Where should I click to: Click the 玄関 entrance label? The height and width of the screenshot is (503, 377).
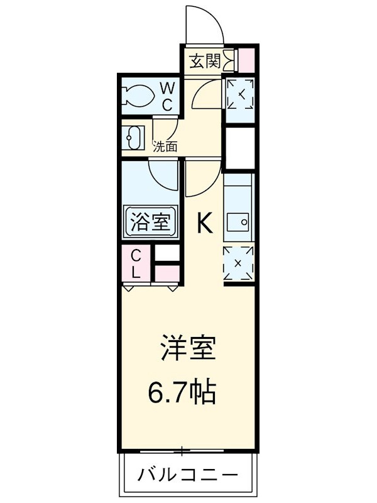205,61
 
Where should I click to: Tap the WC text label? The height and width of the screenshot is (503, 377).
167,96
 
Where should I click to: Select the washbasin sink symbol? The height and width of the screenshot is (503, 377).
133,138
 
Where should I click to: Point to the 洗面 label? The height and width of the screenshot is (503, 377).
165,146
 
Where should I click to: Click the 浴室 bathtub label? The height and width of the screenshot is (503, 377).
150,222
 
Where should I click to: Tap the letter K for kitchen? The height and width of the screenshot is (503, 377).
205,223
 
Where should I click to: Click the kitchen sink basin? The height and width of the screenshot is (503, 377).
238,222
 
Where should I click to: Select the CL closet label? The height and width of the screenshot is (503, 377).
136,263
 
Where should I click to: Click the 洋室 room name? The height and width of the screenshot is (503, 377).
188,347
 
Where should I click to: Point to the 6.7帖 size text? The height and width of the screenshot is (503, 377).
182,392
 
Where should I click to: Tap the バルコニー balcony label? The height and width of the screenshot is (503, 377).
188,474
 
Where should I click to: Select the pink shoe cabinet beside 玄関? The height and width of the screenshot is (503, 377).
247,60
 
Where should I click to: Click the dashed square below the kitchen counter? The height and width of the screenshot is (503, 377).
238,263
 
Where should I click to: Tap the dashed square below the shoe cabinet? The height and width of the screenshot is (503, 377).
241,94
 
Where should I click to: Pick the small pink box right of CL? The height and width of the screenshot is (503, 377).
167,274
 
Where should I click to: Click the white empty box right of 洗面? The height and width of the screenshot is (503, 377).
241,148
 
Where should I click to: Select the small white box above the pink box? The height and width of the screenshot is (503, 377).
167,253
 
